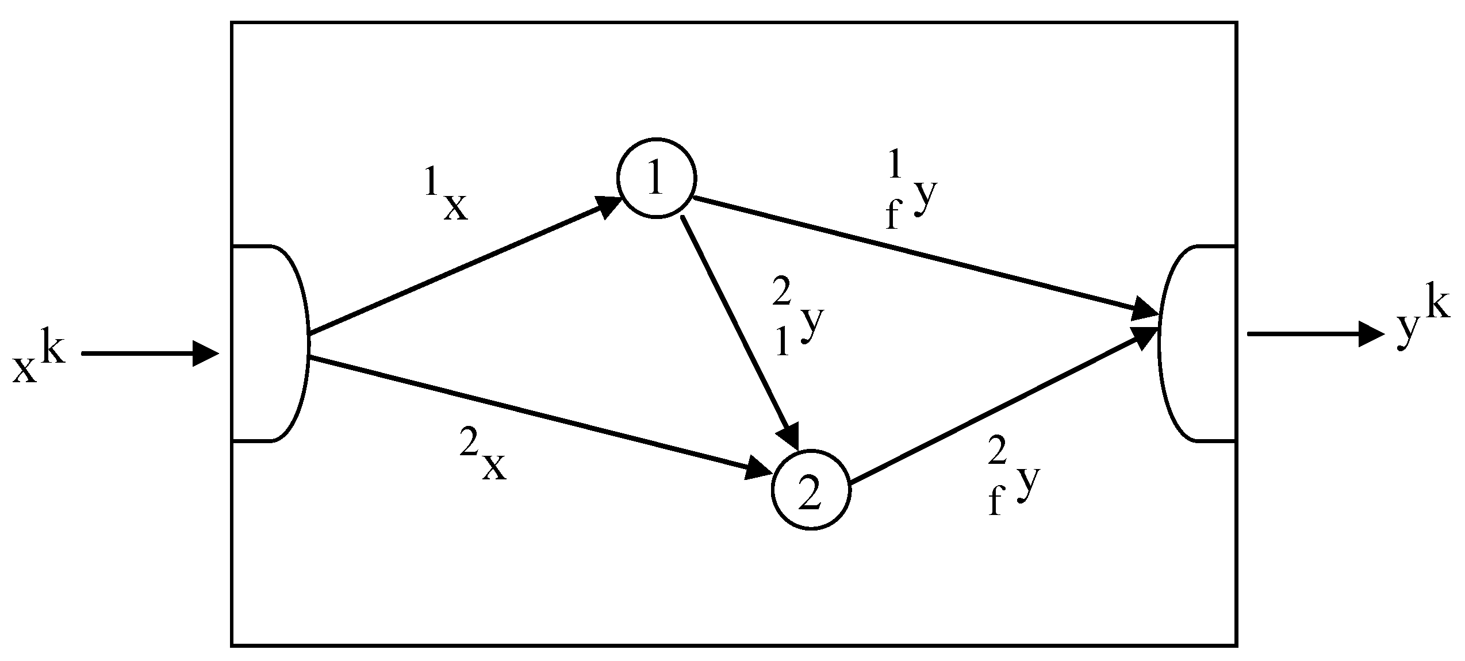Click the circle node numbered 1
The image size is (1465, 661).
point(656,178)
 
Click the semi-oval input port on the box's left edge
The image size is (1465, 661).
point(270,343)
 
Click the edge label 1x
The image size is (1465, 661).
point(447,196)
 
